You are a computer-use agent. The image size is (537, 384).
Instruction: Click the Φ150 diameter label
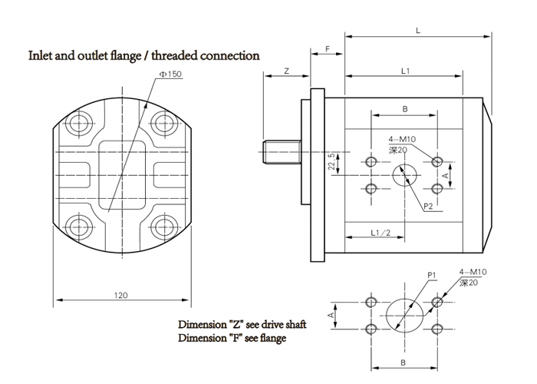170,74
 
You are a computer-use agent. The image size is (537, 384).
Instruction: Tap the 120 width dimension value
120,294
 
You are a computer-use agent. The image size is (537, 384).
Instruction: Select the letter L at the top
417,30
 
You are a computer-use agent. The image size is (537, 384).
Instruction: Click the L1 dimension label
406,71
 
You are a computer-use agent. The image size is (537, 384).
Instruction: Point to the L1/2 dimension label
380,232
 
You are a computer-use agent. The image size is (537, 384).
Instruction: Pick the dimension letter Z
285,70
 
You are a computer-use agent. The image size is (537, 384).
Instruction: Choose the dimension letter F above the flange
328,49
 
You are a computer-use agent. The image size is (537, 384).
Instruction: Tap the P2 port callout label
429,206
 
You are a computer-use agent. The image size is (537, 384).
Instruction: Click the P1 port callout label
432,274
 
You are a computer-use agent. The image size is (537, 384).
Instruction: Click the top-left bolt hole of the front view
77,121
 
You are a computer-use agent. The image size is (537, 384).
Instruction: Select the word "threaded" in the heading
177,55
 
